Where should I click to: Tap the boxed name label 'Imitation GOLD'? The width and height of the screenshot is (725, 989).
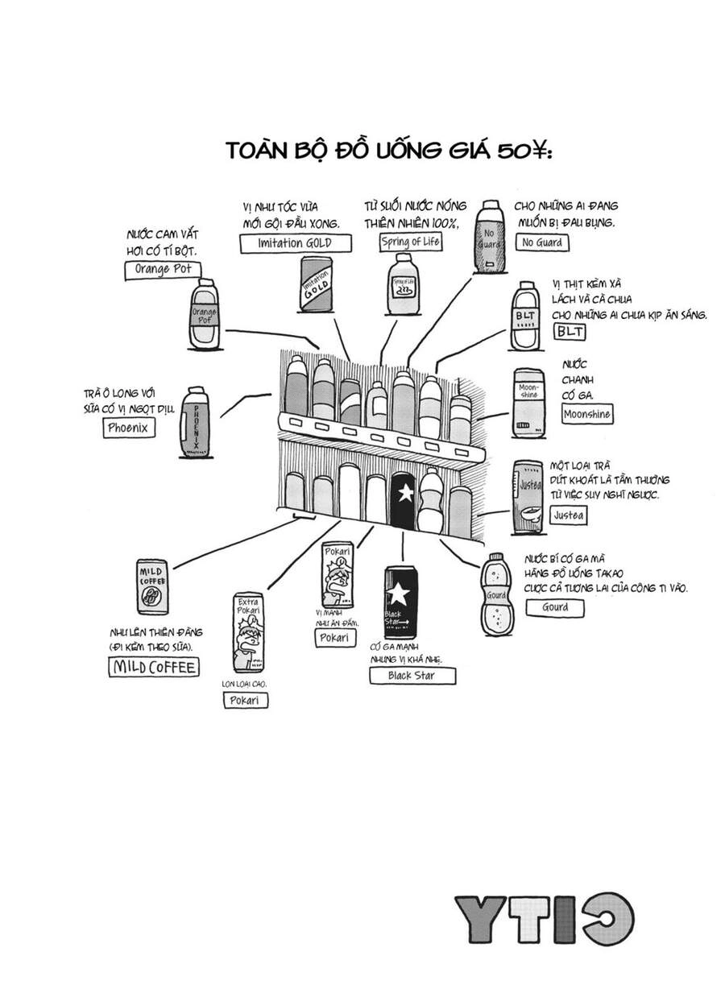[x=286, y=244]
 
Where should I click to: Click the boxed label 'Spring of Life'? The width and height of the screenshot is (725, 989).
[x=411, y=240]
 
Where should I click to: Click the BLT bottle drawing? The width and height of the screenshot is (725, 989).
[x=527, y=316]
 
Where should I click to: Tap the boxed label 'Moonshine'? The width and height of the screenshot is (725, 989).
[x=586, y=415]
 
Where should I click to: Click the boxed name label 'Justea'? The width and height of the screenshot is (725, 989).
[x=570, y=515]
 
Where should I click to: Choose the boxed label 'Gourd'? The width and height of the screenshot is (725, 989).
[x=554, y=608]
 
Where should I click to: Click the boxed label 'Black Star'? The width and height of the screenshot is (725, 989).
[x=412, y=676]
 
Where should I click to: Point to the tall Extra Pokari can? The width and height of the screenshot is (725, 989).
[x=247, y=632]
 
